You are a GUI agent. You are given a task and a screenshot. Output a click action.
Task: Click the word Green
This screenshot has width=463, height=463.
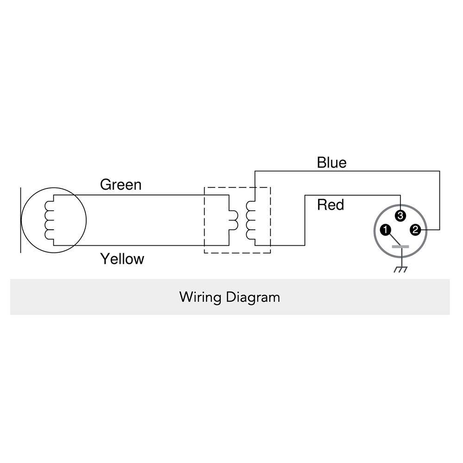[121, 185]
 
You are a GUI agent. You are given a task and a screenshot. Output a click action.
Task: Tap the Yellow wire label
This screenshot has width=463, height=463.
[122, 259]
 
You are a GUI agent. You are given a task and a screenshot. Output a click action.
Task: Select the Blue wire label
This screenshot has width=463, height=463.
[332, 163]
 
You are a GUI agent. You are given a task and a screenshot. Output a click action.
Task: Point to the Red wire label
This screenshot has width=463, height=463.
[331, 205]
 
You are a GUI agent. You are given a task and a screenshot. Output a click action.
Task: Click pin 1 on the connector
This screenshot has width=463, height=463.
[386, 230]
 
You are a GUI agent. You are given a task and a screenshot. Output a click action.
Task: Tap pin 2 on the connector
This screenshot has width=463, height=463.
[415, 230]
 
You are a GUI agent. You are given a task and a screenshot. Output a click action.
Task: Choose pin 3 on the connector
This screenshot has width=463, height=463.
[400, 216]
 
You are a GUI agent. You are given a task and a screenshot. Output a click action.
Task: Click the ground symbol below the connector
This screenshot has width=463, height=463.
[400, 269]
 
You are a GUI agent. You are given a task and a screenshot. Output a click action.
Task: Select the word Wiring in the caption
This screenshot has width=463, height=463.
[200, 297]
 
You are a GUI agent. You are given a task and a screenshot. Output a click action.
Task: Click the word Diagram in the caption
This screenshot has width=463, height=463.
[253, 297]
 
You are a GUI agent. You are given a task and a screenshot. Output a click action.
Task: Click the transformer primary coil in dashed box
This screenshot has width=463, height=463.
[233, 220]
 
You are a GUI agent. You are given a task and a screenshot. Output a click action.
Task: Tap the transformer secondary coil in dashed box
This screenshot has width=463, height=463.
[250, 220]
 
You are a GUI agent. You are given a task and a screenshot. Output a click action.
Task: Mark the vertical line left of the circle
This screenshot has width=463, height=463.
[21, 220]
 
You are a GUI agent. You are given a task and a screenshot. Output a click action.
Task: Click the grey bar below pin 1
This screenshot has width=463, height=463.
[400, 247]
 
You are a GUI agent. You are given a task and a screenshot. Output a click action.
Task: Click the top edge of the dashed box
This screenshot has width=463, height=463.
[238, 187]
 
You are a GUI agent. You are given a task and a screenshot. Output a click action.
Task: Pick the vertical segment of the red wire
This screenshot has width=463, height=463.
[305, 220]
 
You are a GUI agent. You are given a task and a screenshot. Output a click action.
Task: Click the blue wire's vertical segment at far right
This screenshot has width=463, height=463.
[440, 200]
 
